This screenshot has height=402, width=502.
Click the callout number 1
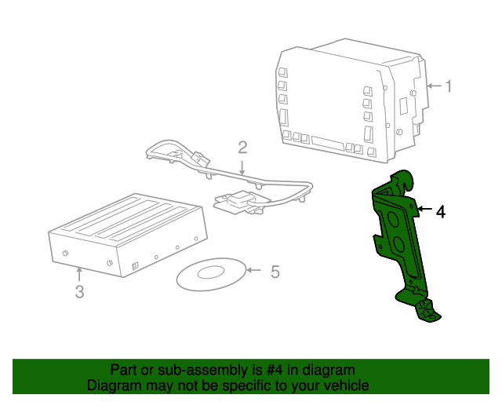[x=449, y=86]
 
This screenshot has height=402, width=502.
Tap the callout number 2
[x=242, y=148]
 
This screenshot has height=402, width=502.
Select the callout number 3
[x=80, y=292]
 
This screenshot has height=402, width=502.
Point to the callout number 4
[x=441, y=212]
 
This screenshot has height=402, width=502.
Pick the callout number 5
[x=275, y=272]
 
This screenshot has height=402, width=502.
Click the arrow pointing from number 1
[x=435, y=86]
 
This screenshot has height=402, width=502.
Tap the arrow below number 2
[x=242, y=168]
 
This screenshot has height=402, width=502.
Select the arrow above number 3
[x=79, y=274]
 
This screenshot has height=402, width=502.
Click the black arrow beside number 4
[x=424, y=209]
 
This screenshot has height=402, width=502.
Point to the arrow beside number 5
[x=253, y=270]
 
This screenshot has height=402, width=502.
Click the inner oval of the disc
[x=211, y=272]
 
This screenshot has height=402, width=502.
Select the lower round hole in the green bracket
[x=399, y=244]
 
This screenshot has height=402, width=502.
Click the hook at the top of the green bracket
[x=404, y=179]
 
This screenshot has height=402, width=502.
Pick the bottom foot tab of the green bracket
[x=427, y=310]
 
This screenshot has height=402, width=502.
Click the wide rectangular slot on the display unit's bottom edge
[x=328, y=144]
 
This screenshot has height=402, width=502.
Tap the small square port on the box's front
[x=135, y=265]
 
